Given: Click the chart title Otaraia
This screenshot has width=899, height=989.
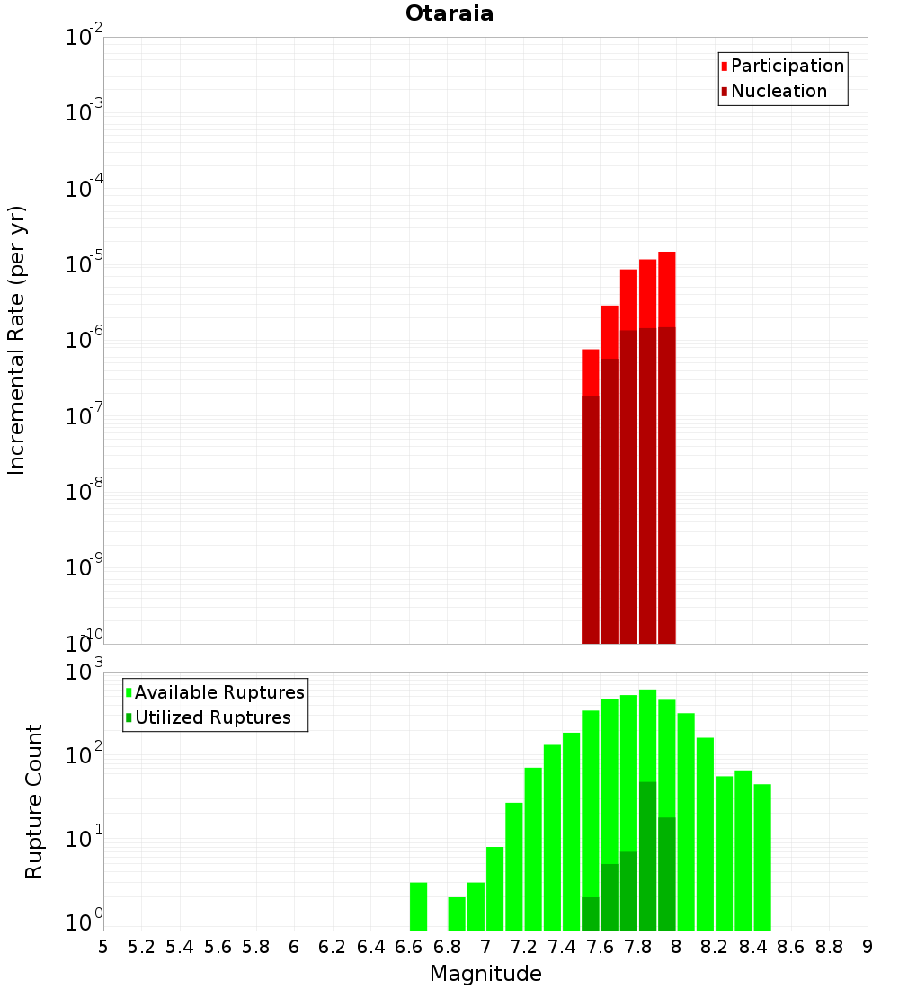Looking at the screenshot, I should click(x=449, y=14).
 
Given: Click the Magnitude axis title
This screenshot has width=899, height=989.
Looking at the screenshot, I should click(x=485, y=974).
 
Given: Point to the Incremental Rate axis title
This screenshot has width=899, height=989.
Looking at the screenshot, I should click(x=17, y=340).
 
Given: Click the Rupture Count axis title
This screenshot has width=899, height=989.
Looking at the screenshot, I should click(x=34, y=800).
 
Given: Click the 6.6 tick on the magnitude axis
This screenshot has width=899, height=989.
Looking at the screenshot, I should click(x=409, y=947).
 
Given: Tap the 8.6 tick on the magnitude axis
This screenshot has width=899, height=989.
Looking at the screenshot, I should click(x=791, y=947).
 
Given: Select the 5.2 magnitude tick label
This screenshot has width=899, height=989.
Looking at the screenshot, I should click(x=142, y=947).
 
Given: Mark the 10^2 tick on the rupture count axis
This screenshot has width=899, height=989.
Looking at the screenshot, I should click(x=85, y=753).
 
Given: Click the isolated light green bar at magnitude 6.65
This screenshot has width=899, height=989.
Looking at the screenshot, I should click(x=418, y=906).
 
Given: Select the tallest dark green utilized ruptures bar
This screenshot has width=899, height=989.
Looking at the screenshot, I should click(x=647, y=854).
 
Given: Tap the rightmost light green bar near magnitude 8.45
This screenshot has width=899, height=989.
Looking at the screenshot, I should click(x=762, y=854).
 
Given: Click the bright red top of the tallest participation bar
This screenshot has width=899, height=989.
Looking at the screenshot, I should click(x=666, y=288).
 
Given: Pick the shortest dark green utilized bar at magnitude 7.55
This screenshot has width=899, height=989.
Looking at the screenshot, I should click(x=590, y=913).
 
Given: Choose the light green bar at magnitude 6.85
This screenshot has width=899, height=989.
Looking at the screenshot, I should click(x=457, y=913).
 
